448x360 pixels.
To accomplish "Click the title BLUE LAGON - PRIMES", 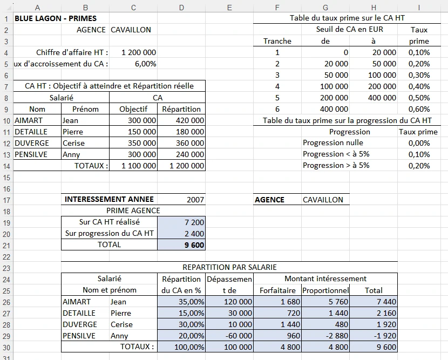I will [x=56, y=18].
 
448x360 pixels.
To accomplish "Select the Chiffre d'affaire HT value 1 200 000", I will [x=139, y=52].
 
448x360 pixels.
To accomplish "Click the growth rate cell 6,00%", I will [x=145, y=64].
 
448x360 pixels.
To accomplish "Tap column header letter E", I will [x=229, y=8].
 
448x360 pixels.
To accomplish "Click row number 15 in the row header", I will [x=6, y=189].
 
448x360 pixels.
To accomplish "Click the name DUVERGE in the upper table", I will [x=31, y=143].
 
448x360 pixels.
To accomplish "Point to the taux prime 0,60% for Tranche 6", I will [x=419, y=109].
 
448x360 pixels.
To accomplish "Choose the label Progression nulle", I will [x=332, y=143].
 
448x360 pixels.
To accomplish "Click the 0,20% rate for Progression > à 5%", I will [x=419, y=166].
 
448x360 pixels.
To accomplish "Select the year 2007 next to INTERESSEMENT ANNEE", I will [x=195, y=200].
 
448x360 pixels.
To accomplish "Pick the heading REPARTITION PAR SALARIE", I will [x=229, y=267].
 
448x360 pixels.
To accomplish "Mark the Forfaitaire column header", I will [x=277, y=290].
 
